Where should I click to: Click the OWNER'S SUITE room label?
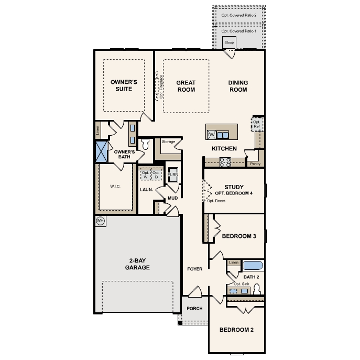tap(124, 85)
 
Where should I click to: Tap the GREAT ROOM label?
tap(186, 86)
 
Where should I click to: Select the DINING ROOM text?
tap(238, 86)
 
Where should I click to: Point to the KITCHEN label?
tap(224, 149)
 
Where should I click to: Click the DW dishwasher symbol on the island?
tap(212, 135)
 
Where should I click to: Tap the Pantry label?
tap(255, 164)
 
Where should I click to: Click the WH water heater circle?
tap(100, 221)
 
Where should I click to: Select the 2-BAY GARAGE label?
tap(137, 264)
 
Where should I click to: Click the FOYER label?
tap(195, 269)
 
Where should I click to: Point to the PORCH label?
tap(194, 309)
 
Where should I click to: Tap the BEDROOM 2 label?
tap(236, 330)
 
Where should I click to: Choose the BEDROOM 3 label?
tap(238, 236)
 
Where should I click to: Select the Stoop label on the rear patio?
tap(228, 42)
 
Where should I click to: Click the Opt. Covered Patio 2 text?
tap(239, 15)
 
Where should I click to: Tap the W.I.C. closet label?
tap(115, 186)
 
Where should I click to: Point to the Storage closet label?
tap(168, 141)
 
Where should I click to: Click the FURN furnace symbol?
tap(172, 175)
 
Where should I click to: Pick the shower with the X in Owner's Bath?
tap(101, 150)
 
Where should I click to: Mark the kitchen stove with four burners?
tap(225, 162)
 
